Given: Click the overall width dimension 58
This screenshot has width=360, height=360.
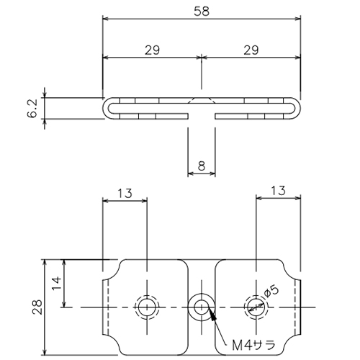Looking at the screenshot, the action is tap(202, 12).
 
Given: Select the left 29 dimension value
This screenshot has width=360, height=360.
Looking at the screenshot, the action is tap(152, 50).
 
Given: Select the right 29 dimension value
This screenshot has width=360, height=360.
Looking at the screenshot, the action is tap(251, 50).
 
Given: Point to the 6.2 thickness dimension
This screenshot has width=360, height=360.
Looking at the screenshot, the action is tap(32, 108).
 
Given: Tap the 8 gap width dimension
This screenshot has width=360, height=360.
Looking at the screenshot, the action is tap(202, 166).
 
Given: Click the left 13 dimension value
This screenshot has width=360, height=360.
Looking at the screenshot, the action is tap(125, 193).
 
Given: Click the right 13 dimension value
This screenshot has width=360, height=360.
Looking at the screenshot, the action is tap(279, 191).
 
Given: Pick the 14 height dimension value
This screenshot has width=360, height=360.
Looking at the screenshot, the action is tap(57, 283).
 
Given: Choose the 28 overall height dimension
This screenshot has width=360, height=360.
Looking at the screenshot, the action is tap(37, 307).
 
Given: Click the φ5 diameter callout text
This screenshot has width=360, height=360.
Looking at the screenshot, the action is tap(271, 291).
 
